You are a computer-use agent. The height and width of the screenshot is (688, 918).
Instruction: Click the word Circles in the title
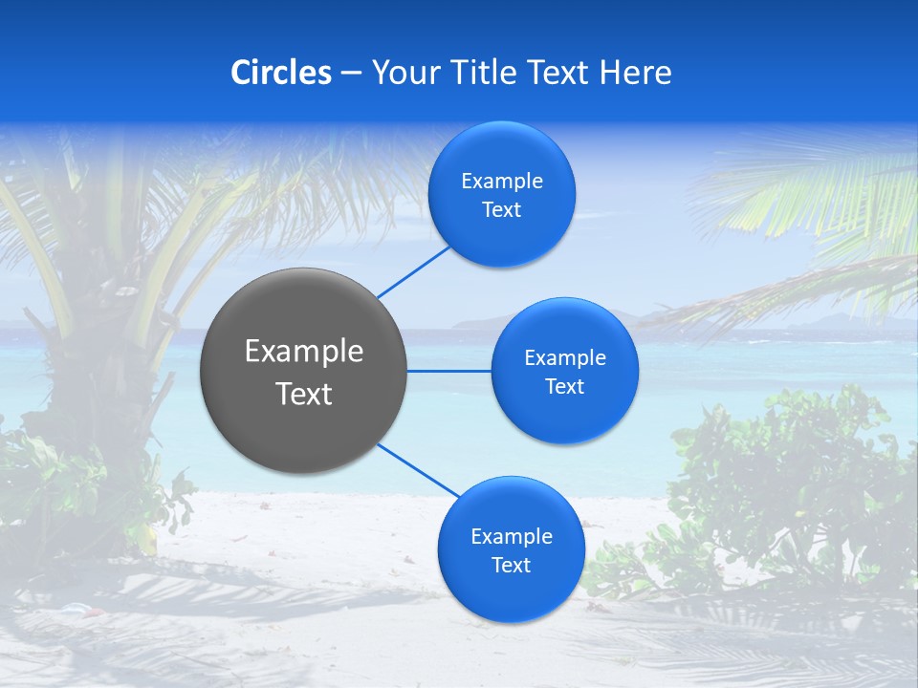[281, 72]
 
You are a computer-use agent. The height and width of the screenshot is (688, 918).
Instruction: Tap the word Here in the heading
[635, 72]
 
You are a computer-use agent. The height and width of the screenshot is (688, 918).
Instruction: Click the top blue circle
[501, 194]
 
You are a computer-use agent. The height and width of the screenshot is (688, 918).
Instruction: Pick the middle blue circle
[564, 371]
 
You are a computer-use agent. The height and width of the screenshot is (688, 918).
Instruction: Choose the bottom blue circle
[511, 549]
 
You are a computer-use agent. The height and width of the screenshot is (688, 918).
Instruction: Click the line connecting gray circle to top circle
[413, 270]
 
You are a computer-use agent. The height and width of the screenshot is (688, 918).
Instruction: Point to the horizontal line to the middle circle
[449, 371]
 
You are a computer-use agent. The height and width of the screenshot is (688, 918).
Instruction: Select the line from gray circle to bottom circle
[418, 470]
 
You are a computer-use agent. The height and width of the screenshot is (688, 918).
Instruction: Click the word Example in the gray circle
[304, 351]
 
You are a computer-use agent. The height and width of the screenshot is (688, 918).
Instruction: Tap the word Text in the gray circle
[304, 393]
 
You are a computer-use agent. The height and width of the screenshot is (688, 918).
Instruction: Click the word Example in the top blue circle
[501, 181]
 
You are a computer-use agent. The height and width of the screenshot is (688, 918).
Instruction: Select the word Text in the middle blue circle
[564, 386]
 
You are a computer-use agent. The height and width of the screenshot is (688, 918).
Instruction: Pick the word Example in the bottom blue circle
[511, 536]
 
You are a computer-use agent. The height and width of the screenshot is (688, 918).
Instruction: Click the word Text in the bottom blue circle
[511, 565]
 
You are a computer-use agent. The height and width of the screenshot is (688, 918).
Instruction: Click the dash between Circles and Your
[350, 74]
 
